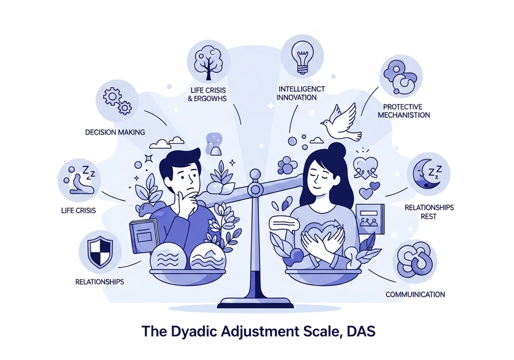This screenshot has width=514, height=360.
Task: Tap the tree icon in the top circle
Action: tap(207, 59)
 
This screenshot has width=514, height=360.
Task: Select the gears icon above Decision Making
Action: tap(115, 98)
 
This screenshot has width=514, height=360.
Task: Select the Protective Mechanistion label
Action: tap(406, 111)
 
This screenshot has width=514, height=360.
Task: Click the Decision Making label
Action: tap(115, 132)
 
